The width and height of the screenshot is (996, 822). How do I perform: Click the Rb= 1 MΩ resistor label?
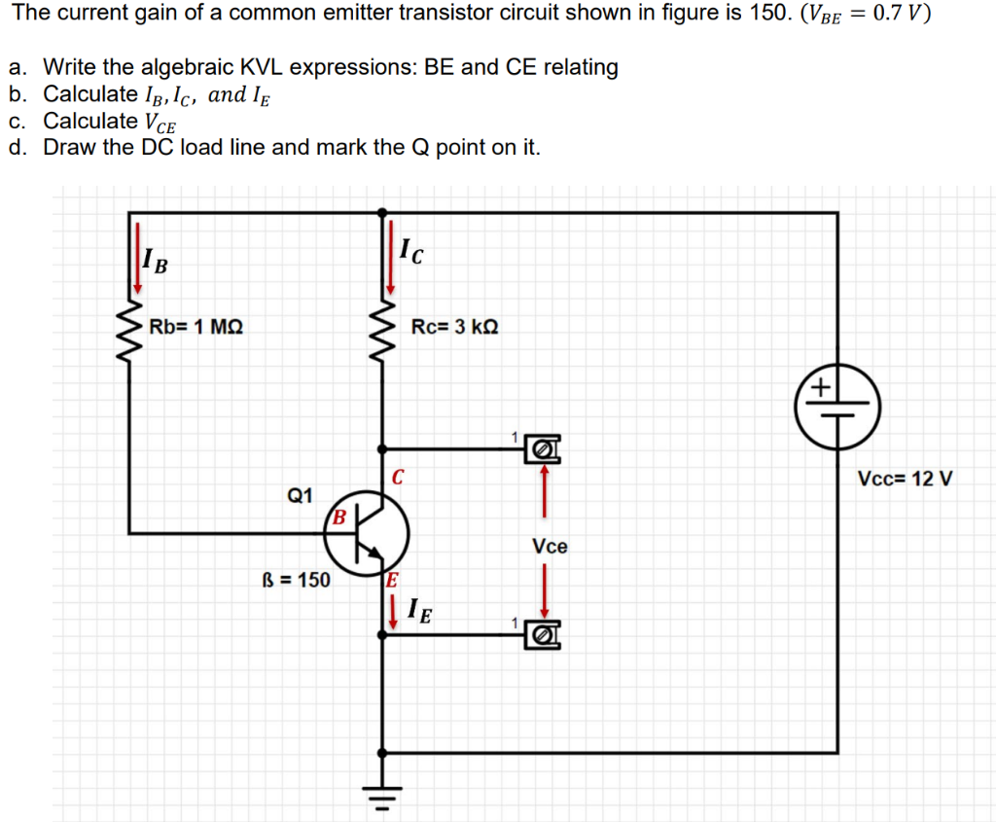[196, 327]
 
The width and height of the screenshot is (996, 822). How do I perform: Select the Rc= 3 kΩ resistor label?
[454, 327]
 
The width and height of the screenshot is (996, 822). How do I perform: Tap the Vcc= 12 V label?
[905, 479]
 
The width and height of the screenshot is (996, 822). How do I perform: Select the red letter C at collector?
[398, 478]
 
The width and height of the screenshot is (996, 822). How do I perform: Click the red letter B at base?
[339, 516]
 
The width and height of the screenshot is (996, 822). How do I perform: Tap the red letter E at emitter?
[391, 582]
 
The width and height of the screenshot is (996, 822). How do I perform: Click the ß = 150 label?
[297, 581]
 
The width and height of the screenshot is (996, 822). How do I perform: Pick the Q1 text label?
[300, 496]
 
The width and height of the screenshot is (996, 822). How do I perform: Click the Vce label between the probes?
[550, 547]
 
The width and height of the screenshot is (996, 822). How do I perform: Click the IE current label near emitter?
[420, 612]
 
